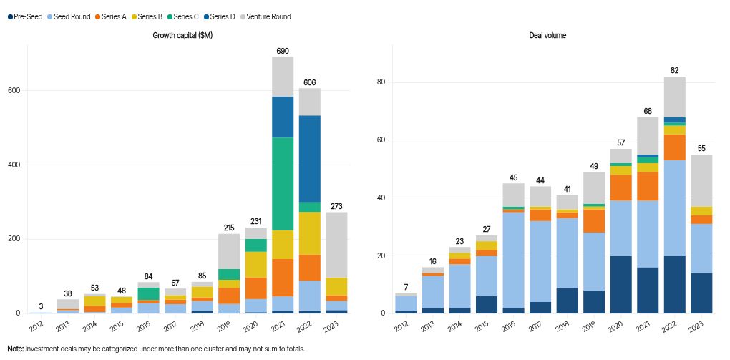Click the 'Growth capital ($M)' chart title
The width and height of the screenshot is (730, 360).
182,35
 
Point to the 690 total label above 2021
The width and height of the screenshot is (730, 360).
283,51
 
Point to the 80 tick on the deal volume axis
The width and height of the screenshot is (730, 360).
381,82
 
